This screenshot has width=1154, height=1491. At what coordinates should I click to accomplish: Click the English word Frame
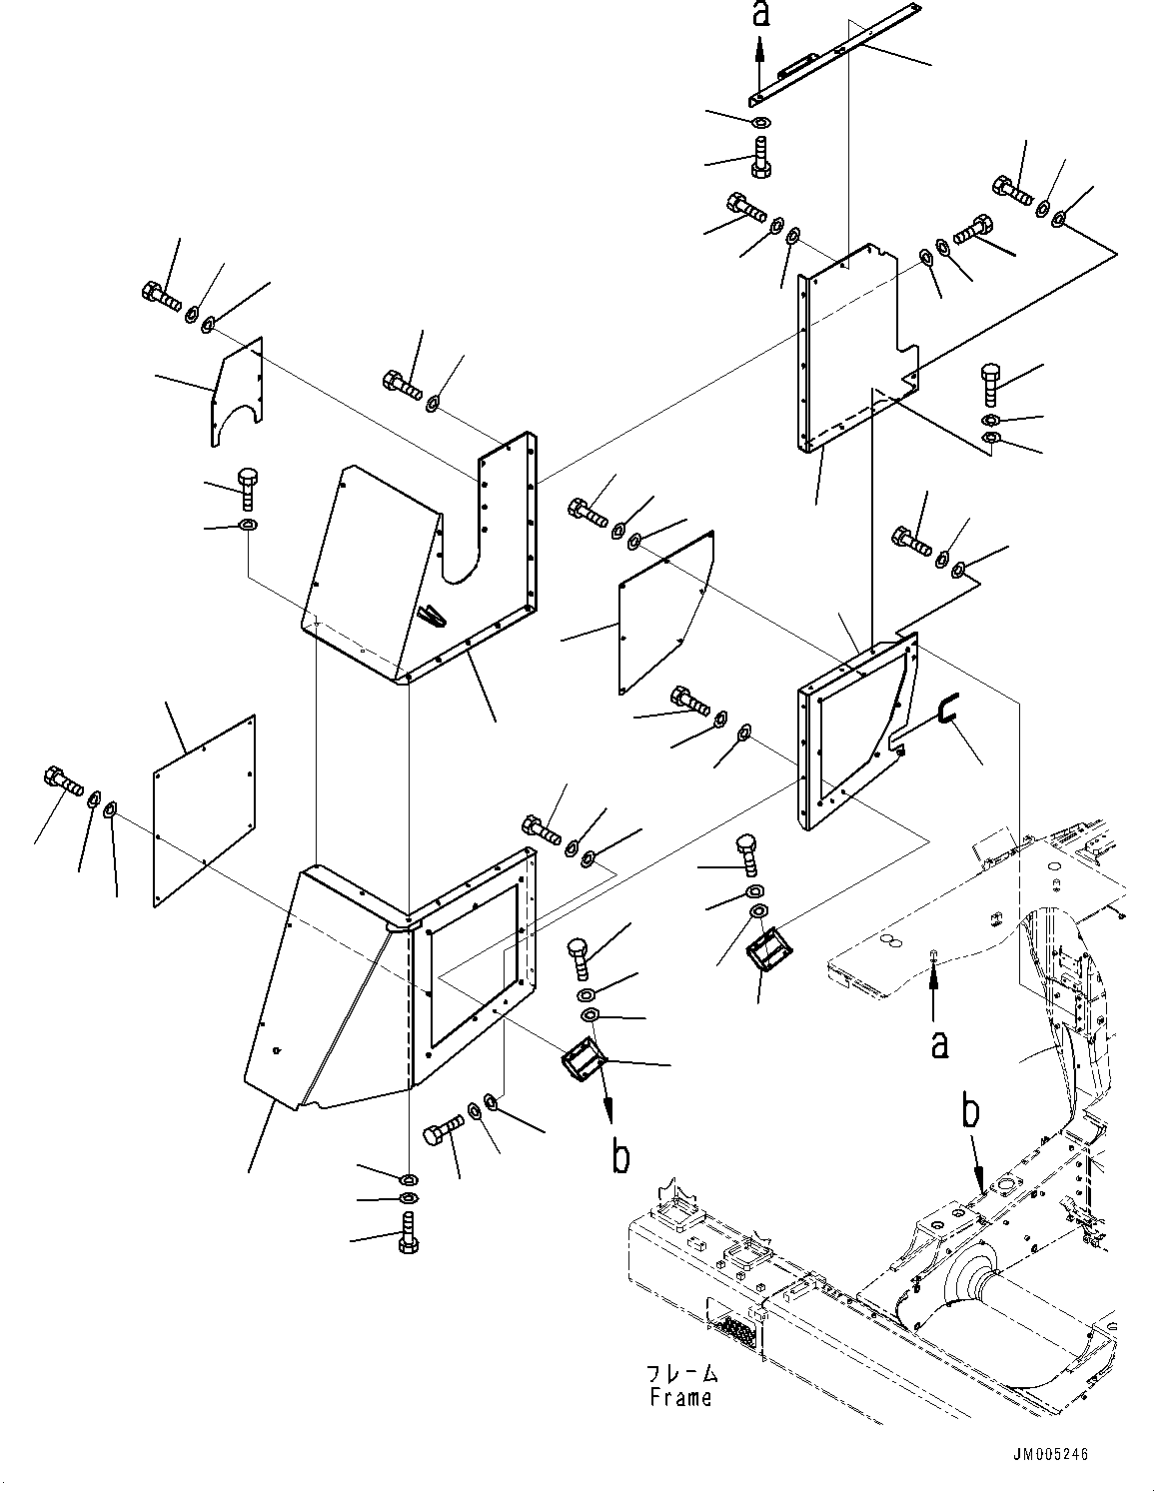click(680, 1397)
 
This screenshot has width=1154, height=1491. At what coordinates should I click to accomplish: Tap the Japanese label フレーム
click(680, 1374)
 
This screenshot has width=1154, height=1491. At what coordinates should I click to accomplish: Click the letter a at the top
click(760, 14)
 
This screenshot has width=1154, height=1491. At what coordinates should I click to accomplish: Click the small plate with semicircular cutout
click(237, 391)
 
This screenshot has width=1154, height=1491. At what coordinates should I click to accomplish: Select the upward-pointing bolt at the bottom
click(408, 1231)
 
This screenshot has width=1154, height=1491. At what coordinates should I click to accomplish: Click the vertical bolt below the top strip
click(759, 159)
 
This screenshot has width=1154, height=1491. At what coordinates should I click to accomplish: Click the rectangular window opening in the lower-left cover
click(472, 964)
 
